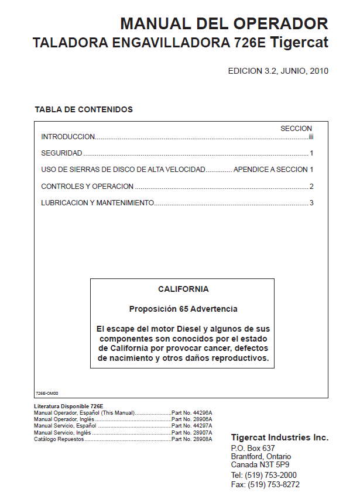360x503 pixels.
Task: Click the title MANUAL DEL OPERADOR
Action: pos(224,24)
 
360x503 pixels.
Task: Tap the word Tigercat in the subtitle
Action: pos(300,43)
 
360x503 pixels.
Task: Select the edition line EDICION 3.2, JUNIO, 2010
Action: pos(277,71)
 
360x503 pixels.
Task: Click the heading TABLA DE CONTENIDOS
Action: pos(84,109)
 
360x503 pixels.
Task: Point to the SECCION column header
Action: pos(296,128)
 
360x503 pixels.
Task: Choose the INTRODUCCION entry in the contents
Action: pos(68,137)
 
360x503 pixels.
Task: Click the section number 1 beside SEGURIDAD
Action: pos(312,153)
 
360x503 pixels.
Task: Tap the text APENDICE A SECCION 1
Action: pos(273,170)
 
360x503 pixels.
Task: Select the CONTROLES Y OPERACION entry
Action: pos(87,187)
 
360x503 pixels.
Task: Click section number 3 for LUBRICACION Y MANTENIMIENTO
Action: pos(312,203)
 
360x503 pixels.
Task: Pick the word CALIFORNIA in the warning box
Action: pos(183,289)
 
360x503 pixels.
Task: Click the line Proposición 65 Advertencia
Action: pos(183,309)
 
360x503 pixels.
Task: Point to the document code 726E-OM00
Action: pos(47,394)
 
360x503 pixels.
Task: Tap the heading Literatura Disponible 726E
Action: pos(68,406)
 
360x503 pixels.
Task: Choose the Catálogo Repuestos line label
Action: pos(59,439)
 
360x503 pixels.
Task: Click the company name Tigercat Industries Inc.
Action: pos(280,437)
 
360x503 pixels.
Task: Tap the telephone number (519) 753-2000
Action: pos(272,475)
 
